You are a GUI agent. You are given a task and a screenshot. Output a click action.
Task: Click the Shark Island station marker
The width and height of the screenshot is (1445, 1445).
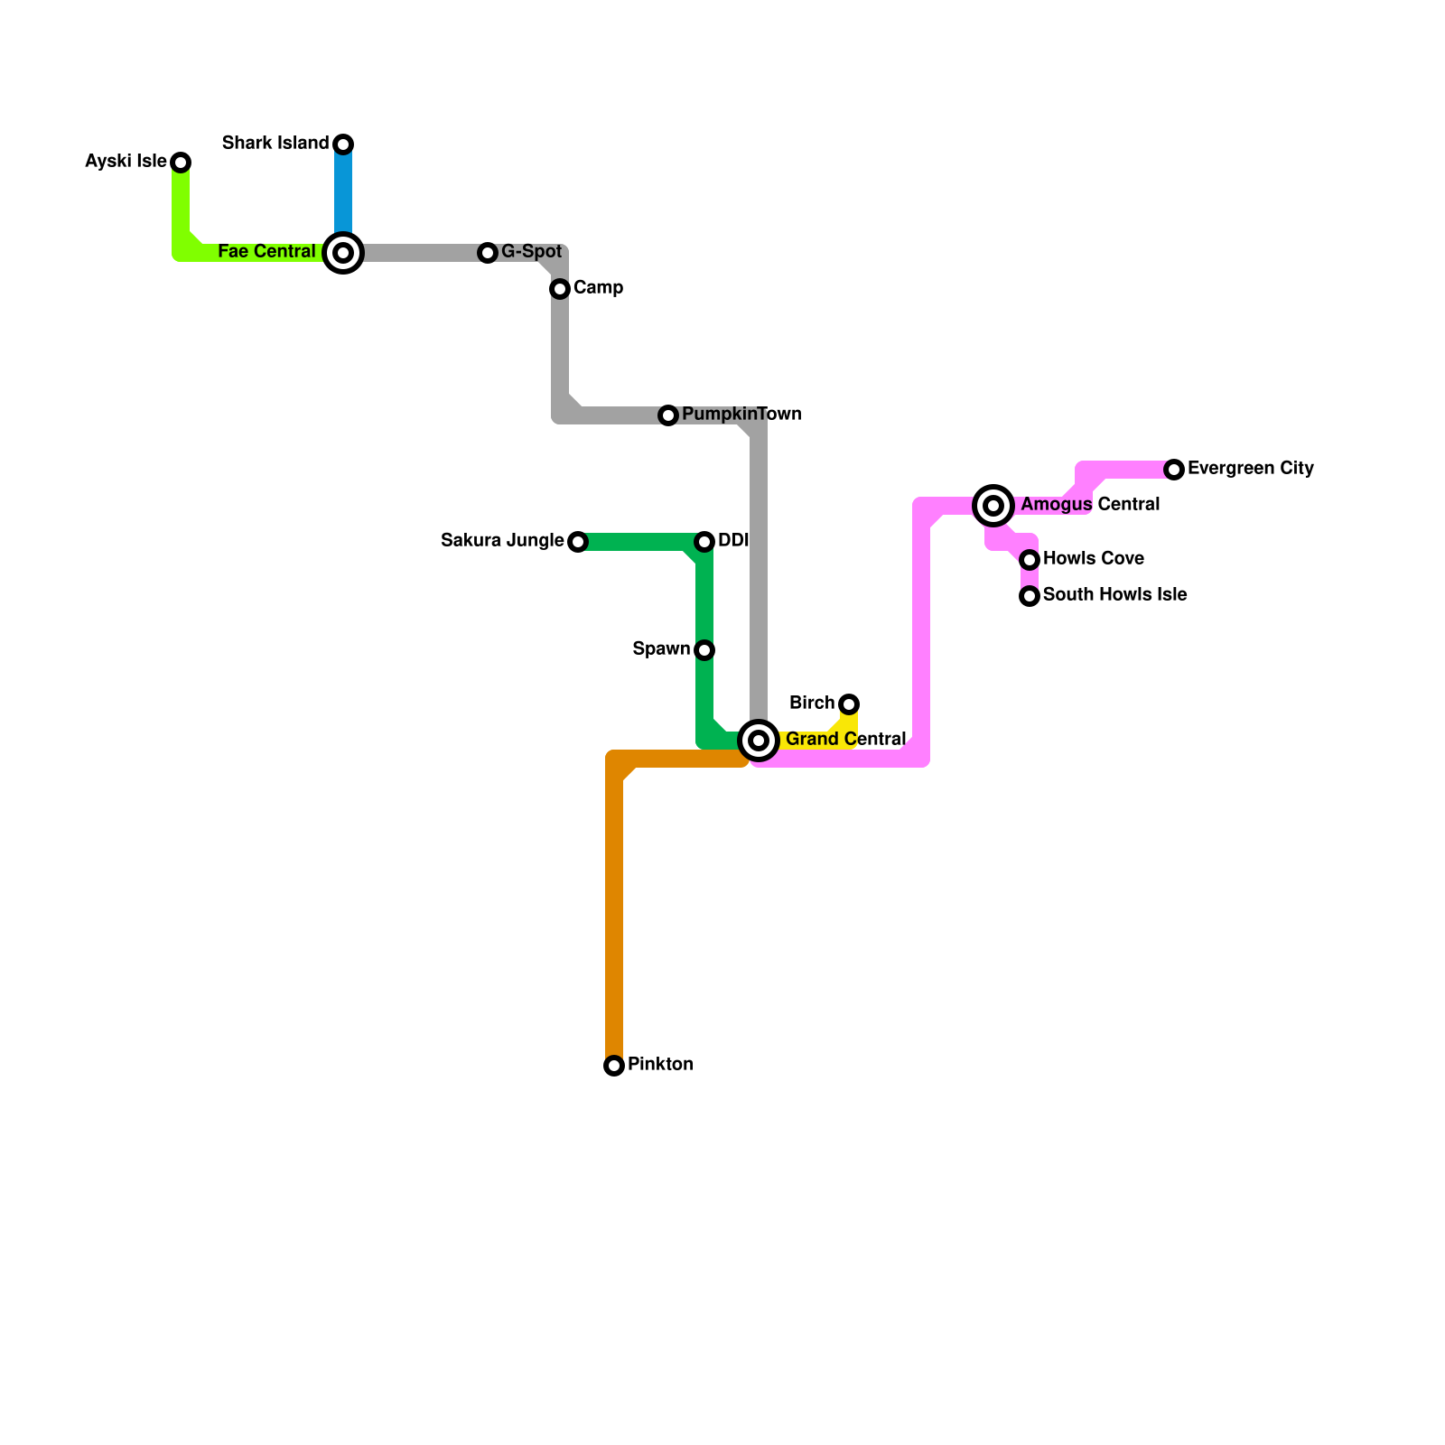tap(343, 144)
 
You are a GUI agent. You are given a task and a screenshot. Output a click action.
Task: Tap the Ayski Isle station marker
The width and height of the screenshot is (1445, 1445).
tap(181, 163)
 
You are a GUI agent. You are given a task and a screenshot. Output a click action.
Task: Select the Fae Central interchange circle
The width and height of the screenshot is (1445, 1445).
tap(343, 253)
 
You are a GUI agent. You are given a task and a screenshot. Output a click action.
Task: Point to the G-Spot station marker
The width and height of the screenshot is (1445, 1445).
tap(488, 253)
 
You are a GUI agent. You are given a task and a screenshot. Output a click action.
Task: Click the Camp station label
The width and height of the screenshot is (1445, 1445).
tap(598, 288)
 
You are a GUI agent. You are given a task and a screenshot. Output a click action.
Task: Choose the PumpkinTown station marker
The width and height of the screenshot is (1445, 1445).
tap(668, 415)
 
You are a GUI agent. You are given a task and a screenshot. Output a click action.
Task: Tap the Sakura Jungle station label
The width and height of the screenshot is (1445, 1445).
tap(502, 541)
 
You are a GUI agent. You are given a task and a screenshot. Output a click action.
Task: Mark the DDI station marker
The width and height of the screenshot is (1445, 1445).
tap(704, 542)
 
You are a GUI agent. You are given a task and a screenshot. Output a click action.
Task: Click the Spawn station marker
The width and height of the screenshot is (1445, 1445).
tap(704, 650)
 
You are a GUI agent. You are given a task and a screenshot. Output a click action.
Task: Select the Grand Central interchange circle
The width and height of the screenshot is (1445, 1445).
tap(760, 741)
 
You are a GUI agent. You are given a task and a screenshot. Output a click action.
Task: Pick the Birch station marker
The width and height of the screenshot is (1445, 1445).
tap(849, 704)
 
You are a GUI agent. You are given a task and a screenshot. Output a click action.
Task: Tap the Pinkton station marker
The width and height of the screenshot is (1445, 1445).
tap(614, 1066)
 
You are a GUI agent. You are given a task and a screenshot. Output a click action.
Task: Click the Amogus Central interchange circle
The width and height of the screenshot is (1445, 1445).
tap(993, 506)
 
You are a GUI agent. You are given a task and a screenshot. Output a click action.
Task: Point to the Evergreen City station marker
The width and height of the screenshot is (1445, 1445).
tap(1174, 470)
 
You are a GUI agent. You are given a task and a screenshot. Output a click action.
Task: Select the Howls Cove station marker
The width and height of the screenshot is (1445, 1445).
tap(1030, 560)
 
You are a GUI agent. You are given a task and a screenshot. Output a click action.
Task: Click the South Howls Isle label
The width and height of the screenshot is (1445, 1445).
tap(1114, 595)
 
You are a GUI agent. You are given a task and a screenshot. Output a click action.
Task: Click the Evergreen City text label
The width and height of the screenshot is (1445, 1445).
tap(1250, 469)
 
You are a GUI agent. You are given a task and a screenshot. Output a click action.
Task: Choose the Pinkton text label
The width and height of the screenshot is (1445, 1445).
tap(660, 1065)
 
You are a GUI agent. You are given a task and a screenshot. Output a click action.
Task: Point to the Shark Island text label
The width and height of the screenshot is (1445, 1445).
tap(275, 144)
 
